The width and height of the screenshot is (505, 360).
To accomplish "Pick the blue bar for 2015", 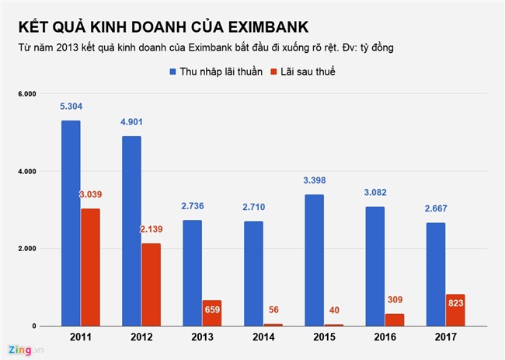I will pos(315,260).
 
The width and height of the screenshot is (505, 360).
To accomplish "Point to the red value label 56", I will pos(273,308).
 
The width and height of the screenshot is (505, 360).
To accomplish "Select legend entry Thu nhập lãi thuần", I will pos(217,72).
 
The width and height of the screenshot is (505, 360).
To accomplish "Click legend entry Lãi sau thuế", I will pos(306,72).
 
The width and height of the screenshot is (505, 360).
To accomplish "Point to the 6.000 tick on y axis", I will pos(26,93).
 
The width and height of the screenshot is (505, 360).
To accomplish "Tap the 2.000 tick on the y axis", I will pos(26,249).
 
